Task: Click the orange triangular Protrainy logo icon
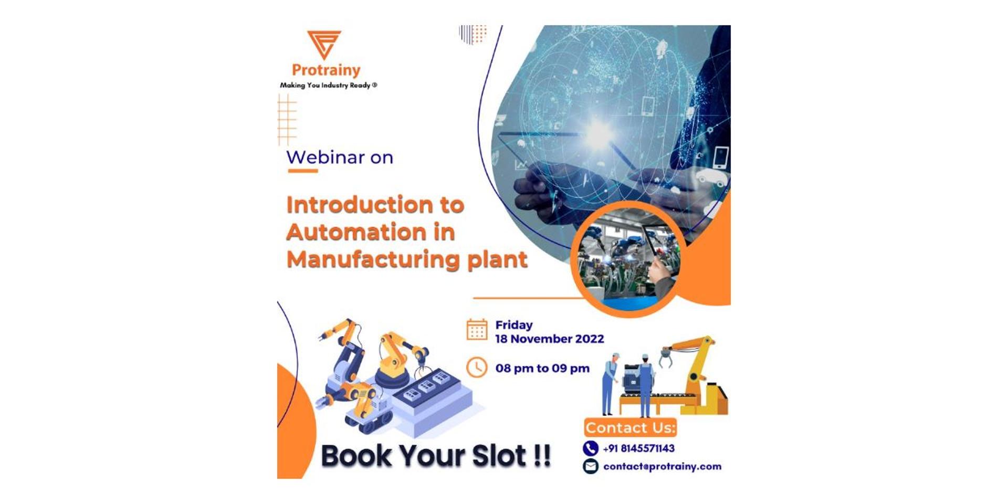pos(324,44)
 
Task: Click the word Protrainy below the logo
pos(326,70)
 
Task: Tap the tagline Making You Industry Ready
pos(328,85)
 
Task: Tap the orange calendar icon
pos(477,330)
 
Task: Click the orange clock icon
pos(477,367)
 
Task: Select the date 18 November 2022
pos(549,339)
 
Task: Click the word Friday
pos(513,325)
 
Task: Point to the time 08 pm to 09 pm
pos(542,369)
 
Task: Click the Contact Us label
pos(630,428)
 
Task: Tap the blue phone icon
pos(590,448)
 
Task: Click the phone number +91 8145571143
pos(638,449)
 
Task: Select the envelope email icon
pos(590,466)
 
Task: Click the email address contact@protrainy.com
pos(662,467)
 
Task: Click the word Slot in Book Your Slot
pos(498,455)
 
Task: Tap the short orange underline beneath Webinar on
pos(302,171)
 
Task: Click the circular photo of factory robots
pos(628,259)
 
